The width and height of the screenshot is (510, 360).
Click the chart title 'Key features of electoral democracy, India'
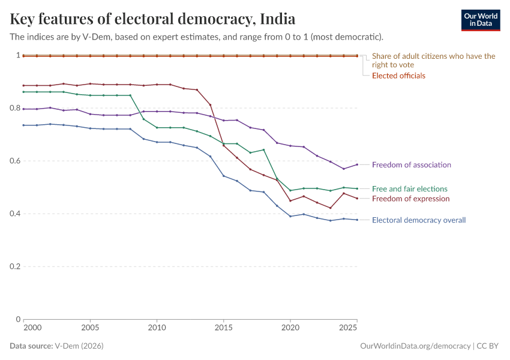(152, 19)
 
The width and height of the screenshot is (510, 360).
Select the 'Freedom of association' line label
(411, 164)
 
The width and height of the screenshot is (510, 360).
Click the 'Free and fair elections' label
(409, 188)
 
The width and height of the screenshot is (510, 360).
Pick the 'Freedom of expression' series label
(410, 199)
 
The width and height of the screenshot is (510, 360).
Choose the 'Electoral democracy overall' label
(419, 220)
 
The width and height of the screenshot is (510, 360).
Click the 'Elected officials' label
(398, 76)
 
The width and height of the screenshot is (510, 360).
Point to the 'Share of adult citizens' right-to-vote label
(433, 60)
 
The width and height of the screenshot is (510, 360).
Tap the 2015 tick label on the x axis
(223, 328)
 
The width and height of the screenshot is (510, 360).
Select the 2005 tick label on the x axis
(90, 328)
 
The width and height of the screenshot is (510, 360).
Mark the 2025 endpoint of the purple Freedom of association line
(357, 164)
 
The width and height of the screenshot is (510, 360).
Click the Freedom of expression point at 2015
(223, 145)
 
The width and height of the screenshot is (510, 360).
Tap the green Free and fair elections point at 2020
(290, 190)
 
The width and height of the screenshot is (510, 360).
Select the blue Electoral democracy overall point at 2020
(290, 216)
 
